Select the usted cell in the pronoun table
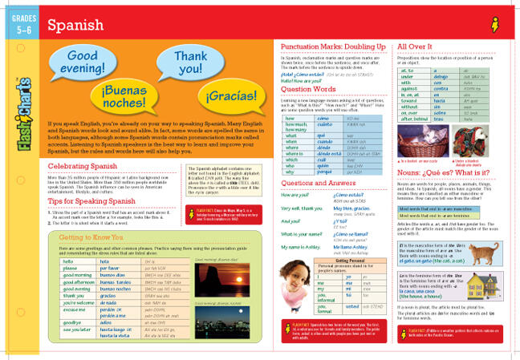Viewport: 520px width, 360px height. click(351, 305)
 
